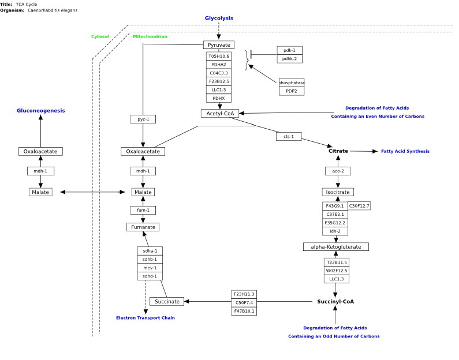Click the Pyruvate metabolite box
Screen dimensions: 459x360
click(x=219, y=45)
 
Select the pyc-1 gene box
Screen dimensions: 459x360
click(x=143, y=119)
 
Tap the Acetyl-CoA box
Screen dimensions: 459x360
click(x=220, y=114)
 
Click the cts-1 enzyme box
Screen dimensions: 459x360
click(x=289, y=136)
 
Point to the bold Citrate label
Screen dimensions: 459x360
click(x=338, y=151)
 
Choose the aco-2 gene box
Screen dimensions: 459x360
click(x=338, y=171)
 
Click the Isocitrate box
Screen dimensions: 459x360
click(x=338, y=192)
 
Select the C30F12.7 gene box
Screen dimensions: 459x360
click(x=359, y=206)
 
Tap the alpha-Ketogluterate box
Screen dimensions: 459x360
click(x=336, y=247)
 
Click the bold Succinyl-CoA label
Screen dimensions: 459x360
click(x=335, y=302)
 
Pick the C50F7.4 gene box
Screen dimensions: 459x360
click(x=244, y=303)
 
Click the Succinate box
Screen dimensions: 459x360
click(x=167, y=302)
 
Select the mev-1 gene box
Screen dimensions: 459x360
click(x=150, y=268)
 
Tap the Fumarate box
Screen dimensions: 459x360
click(x=143, y=227)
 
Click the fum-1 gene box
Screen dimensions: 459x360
click(x=143, y=210)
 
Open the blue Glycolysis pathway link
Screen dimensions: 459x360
click(x=219, y=18)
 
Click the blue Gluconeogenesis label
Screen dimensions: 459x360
click(x=40, y=111)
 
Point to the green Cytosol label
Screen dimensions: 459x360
click(x=100, y=36)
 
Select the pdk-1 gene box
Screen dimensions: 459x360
click(x=289, y=50)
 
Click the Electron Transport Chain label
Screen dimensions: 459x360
click(x=145, y=318)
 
